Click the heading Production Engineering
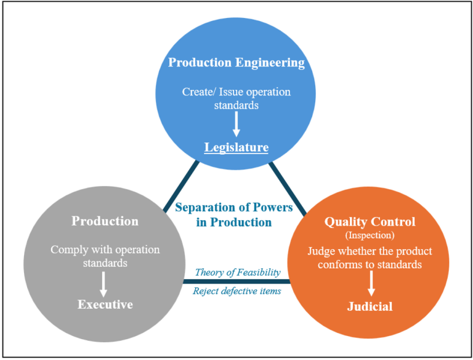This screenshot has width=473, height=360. tap(236, 63)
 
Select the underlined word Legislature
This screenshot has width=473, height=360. tap(236, 147)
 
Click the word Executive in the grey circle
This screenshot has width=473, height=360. tap(105, 305)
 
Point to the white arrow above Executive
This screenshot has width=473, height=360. tap(103, 284)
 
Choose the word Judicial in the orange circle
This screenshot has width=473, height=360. tap(370, 306)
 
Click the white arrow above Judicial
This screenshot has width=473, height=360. tap(371, 284)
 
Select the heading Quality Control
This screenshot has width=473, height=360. tap(370, 222)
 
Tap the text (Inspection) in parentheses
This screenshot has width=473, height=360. tap(370, 235)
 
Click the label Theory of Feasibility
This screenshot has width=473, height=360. tap(238, 272)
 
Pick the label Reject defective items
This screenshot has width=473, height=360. tap(238, 291)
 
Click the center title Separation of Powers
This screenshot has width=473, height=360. tap(233, 207)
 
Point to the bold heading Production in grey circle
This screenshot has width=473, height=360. tap(105, 221)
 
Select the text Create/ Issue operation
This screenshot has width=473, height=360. tap(236, 92)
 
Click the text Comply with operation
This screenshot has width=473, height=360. tap(105, 250)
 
